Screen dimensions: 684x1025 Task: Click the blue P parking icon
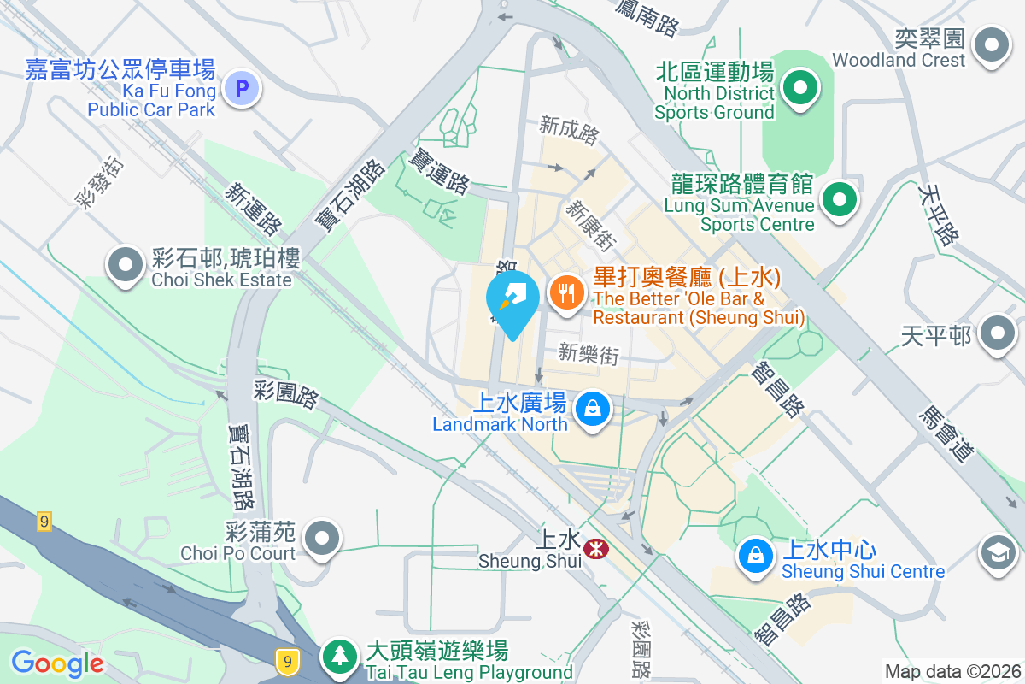click(242, 87)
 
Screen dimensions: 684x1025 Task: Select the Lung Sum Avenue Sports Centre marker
click(839, 201)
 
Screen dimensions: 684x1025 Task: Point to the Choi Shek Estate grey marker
click(126, 265)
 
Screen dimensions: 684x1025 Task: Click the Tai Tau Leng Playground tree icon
click(341, 657)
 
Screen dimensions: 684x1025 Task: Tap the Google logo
click(57, 663)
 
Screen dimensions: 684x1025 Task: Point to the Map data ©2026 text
click(952, 671)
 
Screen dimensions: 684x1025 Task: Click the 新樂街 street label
click(589, 353)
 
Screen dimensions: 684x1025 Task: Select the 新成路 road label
click(570, 130)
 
